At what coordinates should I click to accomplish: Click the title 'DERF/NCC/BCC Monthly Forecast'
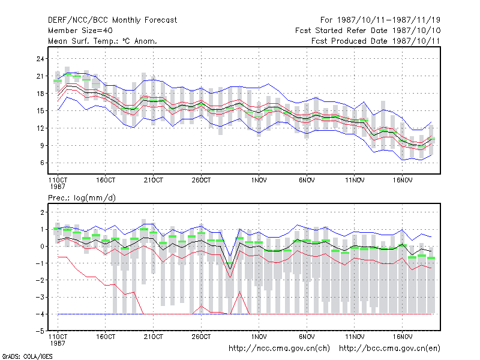click(112, 20)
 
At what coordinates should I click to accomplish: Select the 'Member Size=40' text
click(80, 31)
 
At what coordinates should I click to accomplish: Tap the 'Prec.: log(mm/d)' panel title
click(82, 198)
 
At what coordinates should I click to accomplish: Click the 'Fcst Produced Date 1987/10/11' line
click(376, 41)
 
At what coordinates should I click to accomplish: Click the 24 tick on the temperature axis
click(40, 58)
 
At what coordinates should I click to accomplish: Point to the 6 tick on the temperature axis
click(42, 163)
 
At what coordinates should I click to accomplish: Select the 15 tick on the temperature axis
click(40, 111)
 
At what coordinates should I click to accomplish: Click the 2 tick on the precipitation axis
click(42, 212)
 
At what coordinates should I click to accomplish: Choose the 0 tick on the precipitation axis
click(42, 247)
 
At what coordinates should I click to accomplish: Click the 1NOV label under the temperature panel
click(259, 181)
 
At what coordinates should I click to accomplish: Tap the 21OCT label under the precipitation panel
click(154, 337)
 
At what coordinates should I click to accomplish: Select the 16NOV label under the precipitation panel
click(403, 337)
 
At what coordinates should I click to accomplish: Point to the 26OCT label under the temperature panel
click(201, 181)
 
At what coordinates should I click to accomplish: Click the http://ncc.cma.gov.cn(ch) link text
click(279, 349)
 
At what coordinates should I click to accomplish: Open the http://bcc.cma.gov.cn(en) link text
click(389, 349)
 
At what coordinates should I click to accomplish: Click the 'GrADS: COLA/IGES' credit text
click(27, 356)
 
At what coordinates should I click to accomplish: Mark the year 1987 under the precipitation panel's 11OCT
click(58, 343)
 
